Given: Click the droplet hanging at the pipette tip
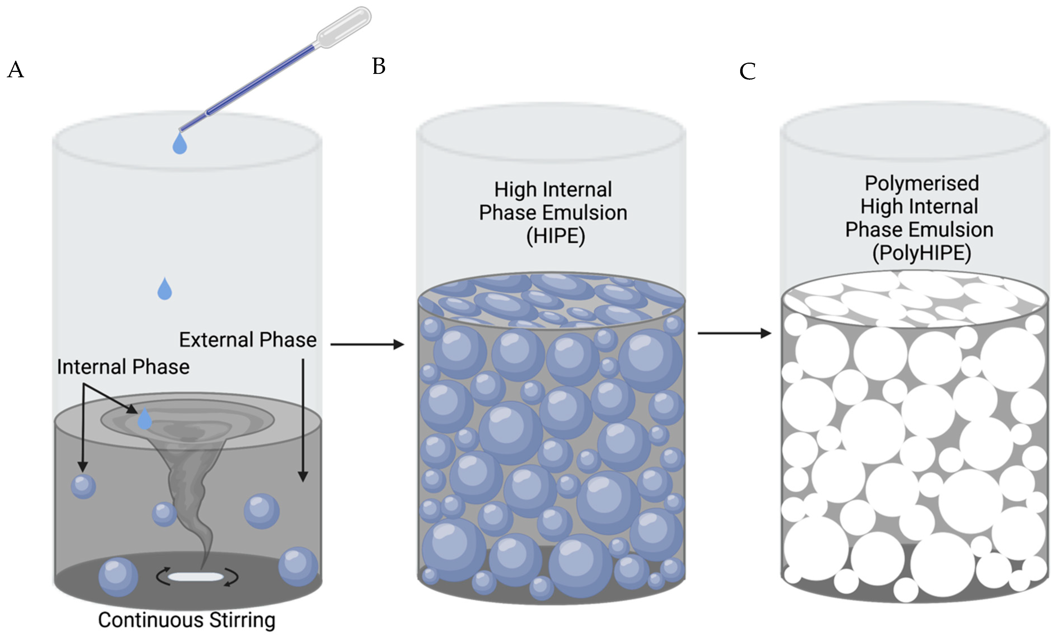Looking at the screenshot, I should click(179, 143).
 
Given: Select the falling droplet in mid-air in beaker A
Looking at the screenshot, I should click(164, 289).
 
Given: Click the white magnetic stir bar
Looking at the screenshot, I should click(195, 577).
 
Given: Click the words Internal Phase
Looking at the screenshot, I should click(123, 367).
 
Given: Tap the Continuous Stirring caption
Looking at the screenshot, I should click(186, 620).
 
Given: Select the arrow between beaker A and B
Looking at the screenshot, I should click(367, 344).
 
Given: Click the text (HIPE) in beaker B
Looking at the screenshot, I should click(555, 236).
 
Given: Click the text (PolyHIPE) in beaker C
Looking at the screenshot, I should click(921, 253).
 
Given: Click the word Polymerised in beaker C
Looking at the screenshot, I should click(921, 183).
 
